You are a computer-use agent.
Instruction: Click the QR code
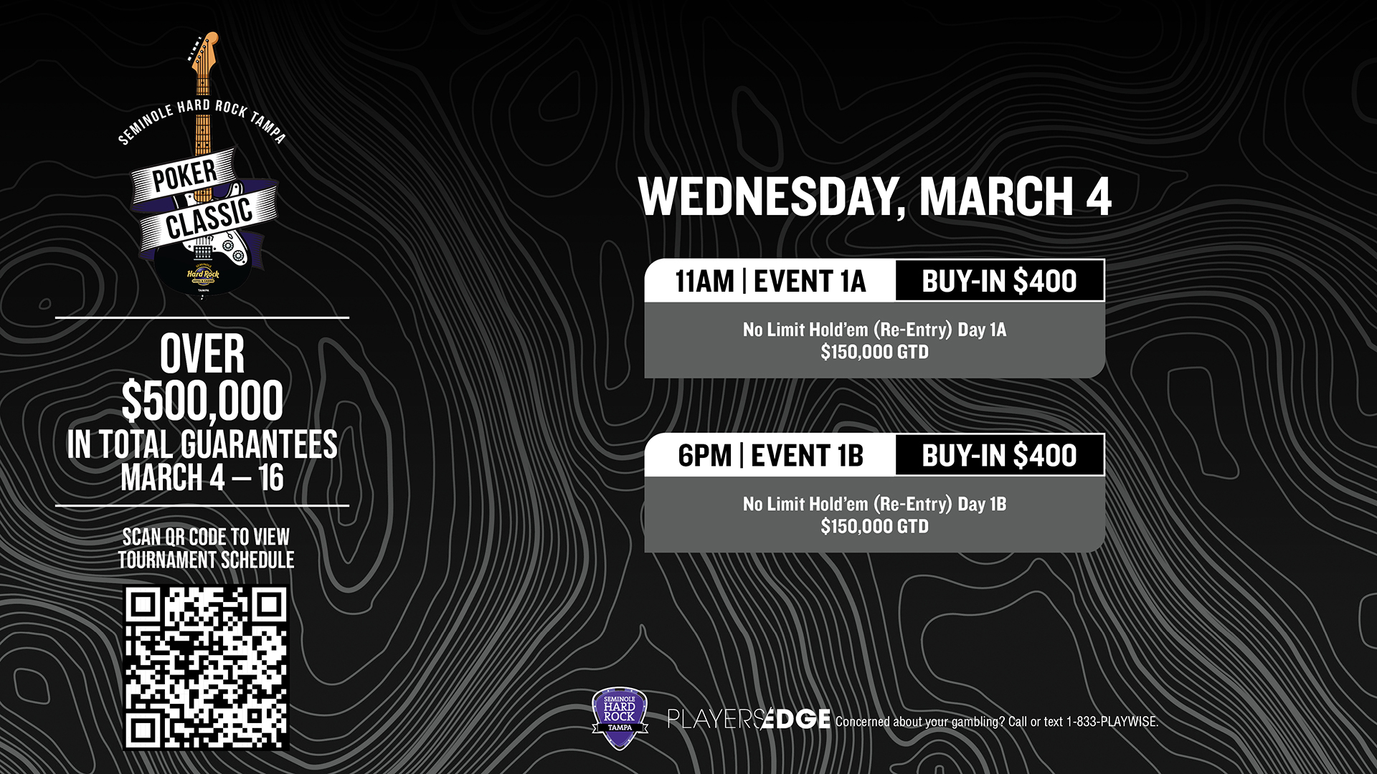click(207, 668)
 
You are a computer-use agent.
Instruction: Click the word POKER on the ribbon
click(184, 175)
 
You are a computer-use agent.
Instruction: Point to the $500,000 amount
click(202, 401)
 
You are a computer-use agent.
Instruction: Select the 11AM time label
click(704, 281)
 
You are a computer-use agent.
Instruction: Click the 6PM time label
click(705, 456)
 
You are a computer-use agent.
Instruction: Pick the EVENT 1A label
click(810, 281)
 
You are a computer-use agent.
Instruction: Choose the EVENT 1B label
click(807, 456)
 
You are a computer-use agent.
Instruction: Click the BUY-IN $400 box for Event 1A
click(1000, 280)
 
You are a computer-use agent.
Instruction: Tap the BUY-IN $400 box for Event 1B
click(1000, 454)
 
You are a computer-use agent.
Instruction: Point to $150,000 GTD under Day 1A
click(874, 352)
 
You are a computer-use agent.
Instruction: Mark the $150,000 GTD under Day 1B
click(874, 526)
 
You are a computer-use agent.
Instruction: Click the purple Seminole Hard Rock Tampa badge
click(620, 718)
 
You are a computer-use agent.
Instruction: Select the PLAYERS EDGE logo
click(749, 719)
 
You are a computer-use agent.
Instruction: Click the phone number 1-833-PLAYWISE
click(1112, 722)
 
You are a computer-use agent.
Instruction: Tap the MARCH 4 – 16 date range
click(202, 478)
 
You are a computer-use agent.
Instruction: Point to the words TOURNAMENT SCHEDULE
click(207, 560)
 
